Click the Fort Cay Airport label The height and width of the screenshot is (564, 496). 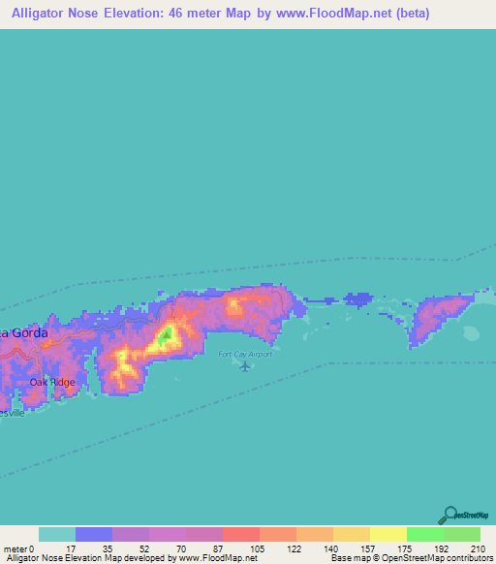coord(245,354)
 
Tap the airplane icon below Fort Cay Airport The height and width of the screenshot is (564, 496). coord(246,366)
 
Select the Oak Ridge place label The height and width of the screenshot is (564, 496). coord(50,382)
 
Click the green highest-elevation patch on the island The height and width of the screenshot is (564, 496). coord(167,335)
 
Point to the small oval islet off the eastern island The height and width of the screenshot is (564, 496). coord(473,334)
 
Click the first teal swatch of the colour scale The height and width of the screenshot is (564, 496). coord(57,534)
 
